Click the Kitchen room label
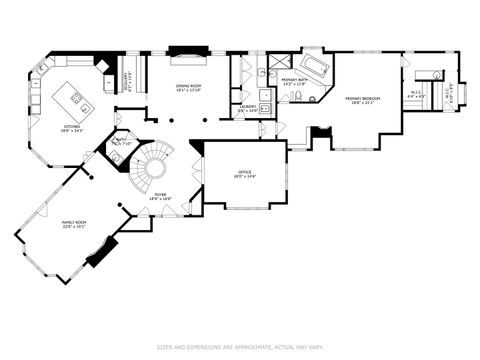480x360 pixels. (72, 126)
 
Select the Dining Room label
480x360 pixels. (189, 86)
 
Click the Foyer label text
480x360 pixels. (160, 195)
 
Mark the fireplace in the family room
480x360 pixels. (101, 251)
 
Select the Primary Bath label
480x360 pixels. (294, 79)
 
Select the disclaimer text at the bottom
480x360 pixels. (239, 348)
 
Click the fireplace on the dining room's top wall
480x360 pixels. (187, 50)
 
